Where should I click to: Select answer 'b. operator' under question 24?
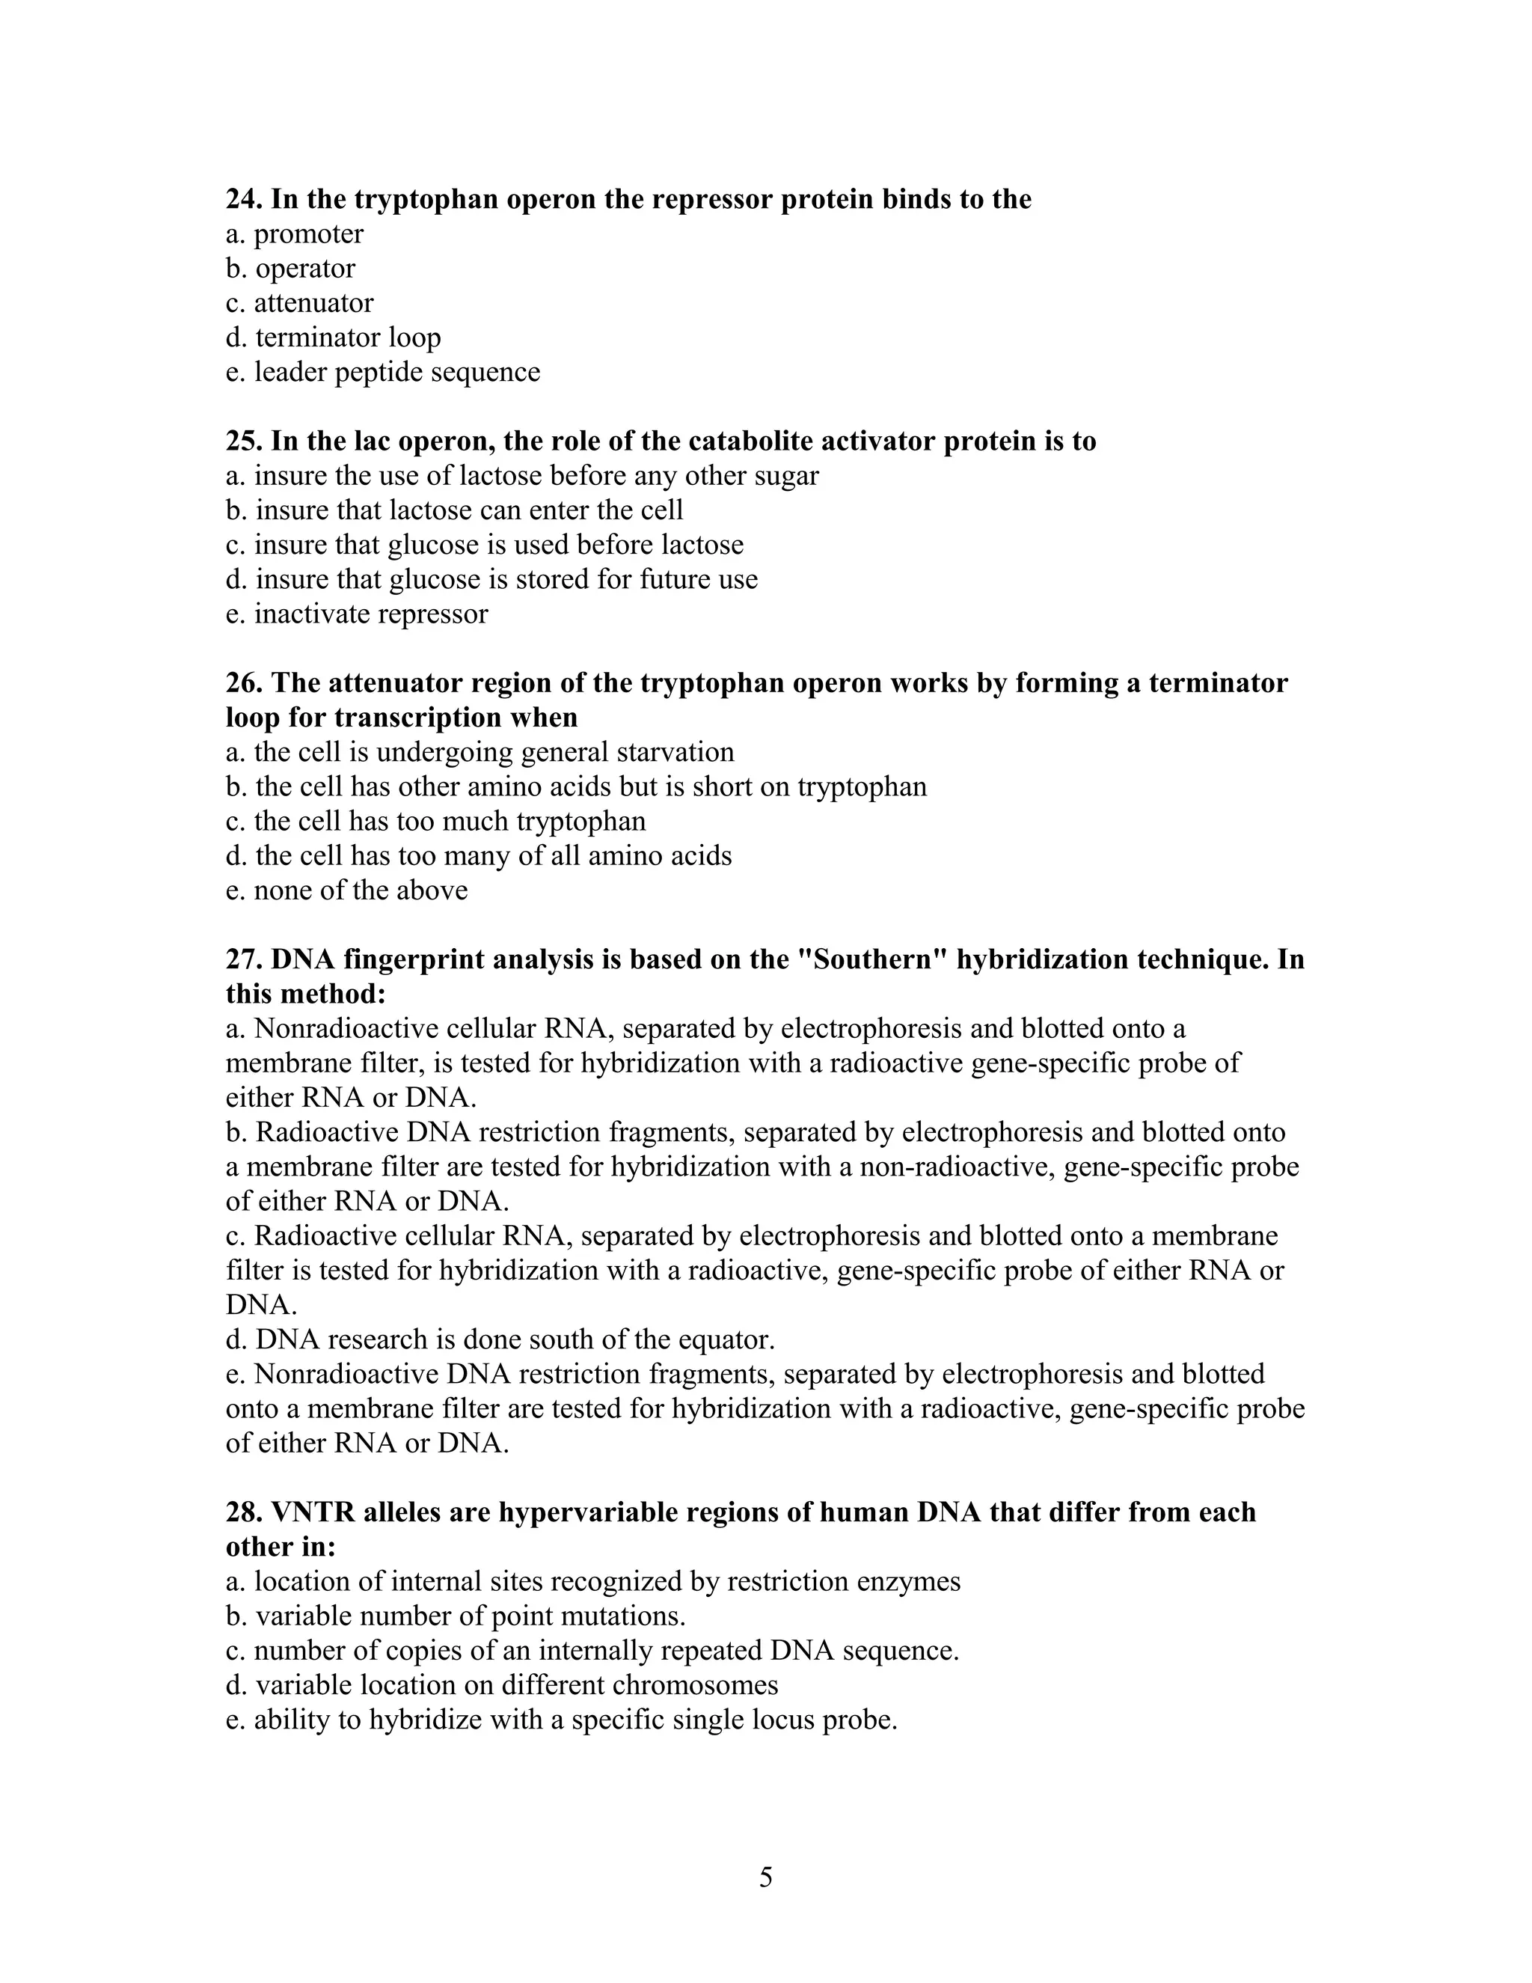290,269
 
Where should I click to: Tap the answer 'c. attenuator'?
299,303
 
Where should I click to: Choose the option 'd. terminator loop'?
333,337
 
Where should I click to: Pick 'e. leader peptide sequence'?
382,372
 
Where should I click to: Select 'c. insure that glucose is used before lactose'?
484,545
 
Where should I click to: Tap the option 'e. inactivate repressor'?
357,614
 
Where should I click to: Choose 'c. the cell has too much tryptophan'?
435,821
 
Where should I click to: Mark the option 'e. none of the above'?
346,890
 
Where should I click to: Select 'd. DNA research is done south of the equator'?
500,1339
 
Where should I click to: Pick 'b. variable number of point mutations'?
456,1616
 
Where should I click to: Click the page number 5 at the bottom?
766,1877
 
